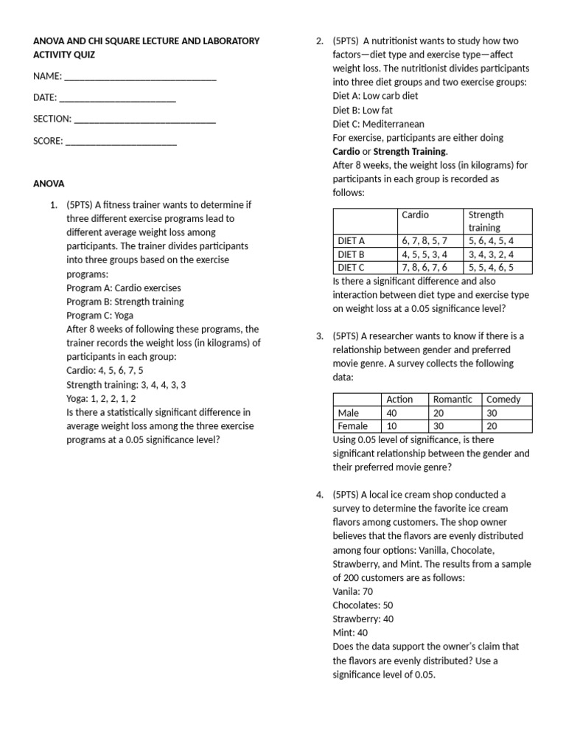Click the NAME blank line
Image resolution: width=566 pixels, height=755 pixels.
(x=140, y=78)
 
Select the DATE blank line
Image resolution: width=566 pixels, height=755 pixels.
(x=117, y=100)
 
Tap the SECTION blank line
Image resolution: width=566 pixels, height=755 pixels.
(x=144, y=120)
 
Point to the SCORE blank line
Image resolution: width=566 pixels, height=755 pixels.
(x=121, y=142)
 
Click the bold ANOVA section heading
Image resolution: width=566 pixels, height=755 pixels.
(x=49, y=184)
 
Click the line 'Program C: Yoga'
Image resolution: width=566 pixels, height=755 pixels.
(x=99, y=315)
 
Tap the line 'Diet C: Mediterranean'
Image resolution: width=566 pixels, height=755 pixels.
(x=378, y=124)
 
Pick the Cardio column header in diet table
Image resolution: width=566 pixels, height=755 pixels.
(x=415, y=215)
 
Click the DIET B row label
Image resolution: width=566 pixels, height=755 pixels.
(x=352, y=254)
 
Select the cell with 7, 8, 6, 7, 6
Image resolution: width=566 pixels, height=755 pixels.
(x=424, y=268)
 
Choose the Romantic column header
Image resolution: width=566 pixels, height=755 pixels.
(x=453, y=399)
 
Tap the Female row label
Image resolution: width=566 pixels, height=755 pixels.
(x=352, y=426)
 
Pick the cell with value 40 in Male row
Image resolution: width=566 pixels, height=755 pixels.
(x=392, y=413)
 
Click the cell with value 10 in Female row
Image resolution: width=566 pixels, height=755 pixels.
(x=392, y=426)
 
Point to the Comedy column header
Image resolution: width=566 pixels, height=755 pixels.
(x=503, y=399)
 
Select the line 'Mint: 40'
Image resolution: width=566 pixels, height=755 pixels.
(x=350, y=633)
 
